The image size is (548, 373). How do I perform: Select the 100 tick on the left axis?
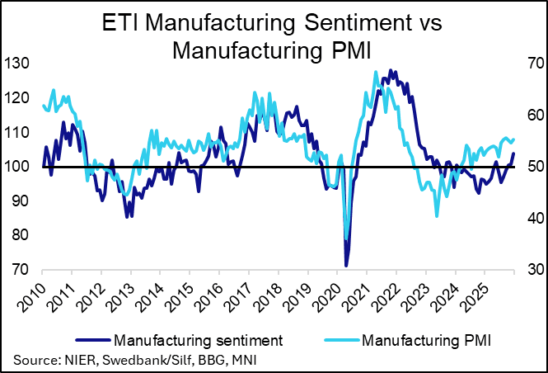tap(17, 167)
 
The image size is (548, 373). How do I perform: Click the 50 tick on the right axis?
tap(528, 167)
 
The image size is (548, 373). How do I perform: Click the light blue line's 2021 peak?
tap(376, 72)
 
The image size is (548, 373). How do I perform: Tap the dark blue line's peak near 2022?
tap(391, 70)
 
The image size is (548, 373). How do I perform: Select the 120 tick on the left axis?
tap(17, 98)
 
